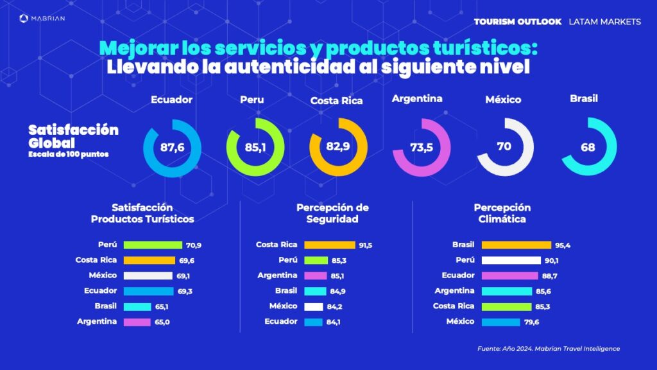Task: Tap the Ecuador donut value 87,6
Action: point(172,148)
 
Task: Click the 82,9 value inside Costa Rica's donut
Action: point(337,147)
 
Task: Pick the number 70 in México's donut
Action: point(504,146)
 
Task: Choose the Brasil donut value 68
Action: point(588,147)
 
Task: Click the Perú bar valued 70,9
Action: point(153,245)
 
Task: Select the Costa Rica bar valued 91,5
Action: point(329,245)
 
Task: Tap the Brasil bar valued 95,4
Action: point(516,245)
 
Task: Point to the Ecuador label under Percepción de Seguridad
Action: point(282,321)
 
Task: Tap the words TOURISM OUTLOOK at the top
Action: point(517,22)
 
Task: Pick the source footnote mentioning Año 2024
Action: point(549,349)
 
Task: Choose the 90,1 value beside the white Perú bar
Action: point(552,260)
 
